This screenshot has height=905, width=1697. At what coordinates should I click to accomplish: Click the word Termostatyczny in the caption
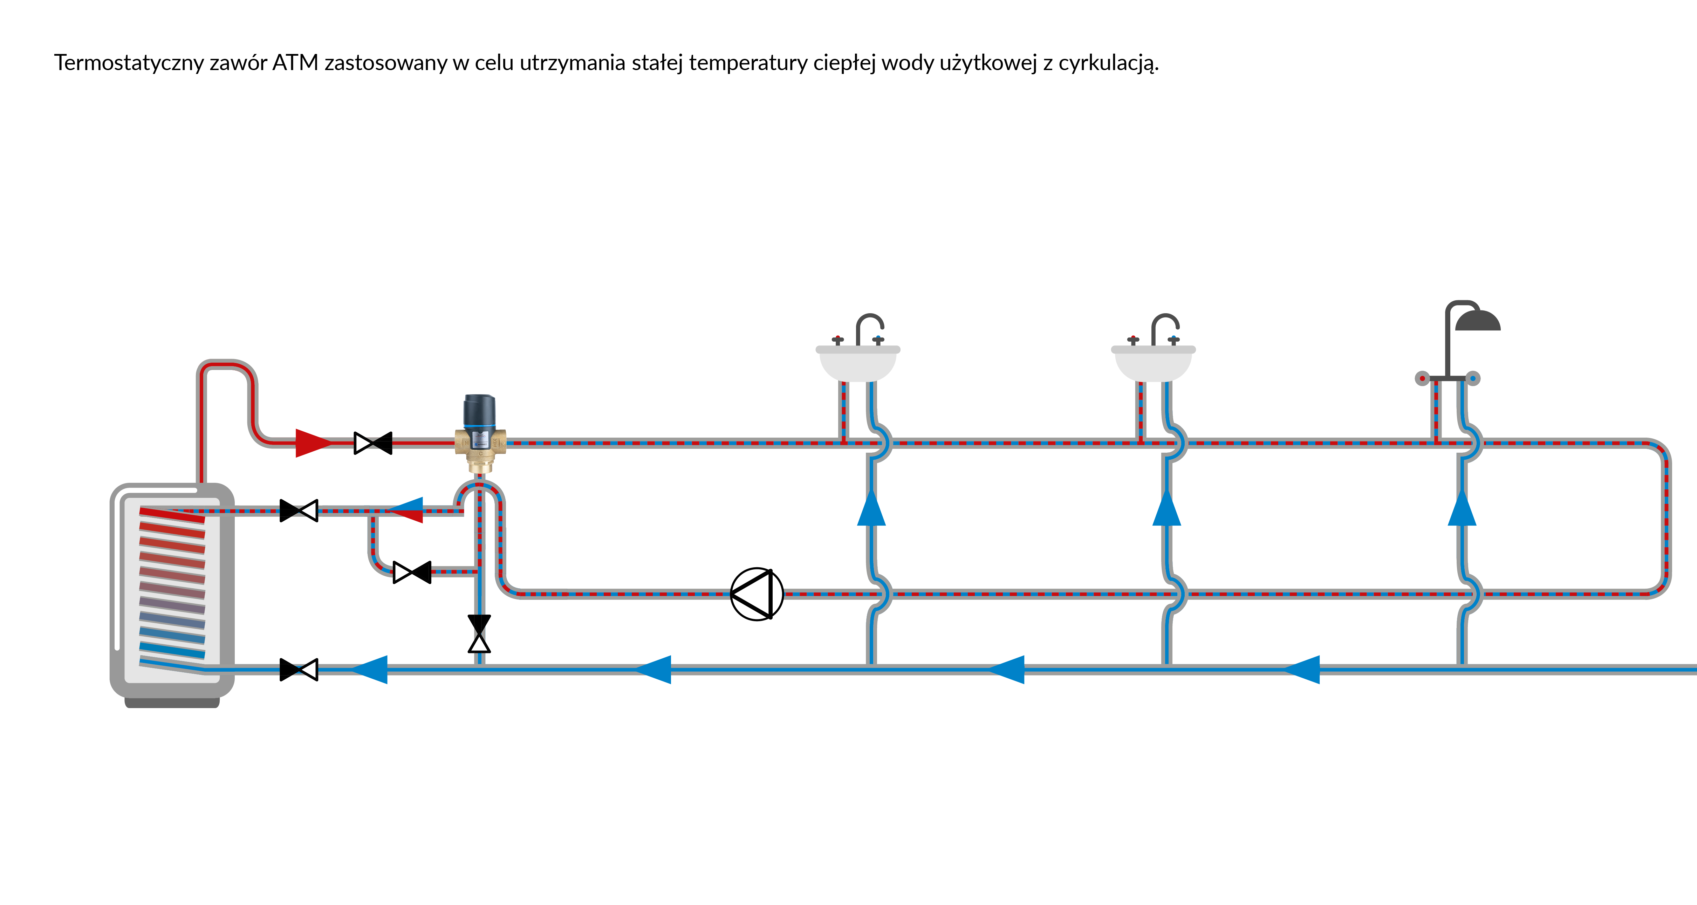point(129,63)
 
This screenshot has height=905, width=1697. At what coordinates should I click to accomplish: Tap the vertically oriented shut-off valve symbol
point(479,633)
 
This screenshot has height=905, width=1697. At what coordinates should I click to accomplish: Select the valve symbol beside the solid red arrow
point(373,443)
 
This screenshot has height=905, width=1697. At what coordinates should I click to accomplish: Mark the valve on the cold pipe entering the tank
point(299,670)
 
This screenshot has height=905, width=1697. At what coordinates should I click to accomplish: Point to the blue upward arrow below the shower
point(1462,508)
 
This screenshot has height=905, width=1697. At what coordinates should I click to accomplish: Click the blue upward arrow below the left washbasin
point(871,508)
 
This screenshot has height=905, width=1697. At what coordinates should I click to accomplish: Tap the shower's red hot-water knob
point(1422,378)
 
